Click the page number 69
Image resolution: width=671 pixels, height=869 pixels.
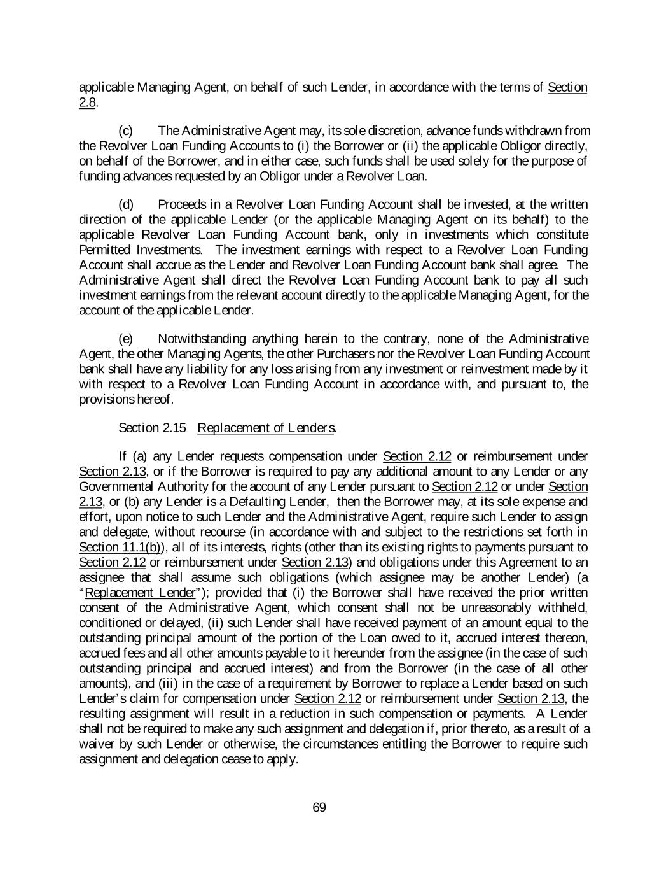click(x=319, y=808)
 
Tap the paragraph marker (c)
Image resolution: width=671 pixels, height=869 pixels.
click(x=127, y=131)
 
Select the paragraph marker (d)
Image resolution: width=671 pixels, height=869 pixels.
click(x=127, y=204)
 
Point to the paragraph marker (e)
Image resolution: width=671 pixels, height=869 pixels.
click(x=127, y=339)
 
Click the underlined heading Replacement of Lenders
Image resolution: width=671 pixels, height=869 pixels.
click(x=266, y=428)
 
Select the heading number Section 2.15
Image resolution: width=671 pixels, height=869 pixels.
click(x=153, y=428)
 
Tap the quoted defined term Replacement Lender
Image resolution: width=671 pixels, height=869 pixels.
click(x=140, y=593)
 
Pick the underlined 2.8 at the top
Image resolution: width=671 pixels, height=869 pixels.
click(x=87, y=102)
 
